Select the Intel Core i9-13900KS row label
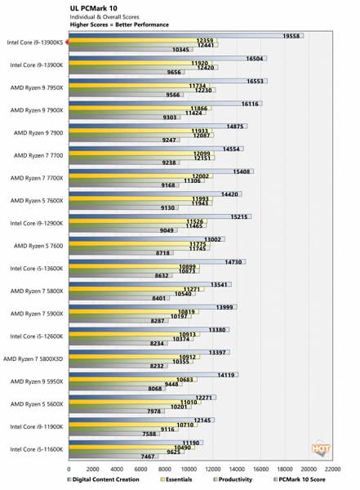34,42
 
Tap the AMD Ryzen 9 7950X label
36,87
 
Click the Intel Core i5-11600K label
36,448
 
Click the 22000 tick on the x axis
332,470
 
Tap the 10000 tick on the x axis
189,470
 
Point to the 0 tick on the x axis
69,470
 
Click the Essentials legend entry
172,480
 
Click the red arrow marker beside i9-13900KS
69,42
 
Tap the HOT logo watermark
319,447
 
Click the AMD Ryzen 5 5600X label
36,403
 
